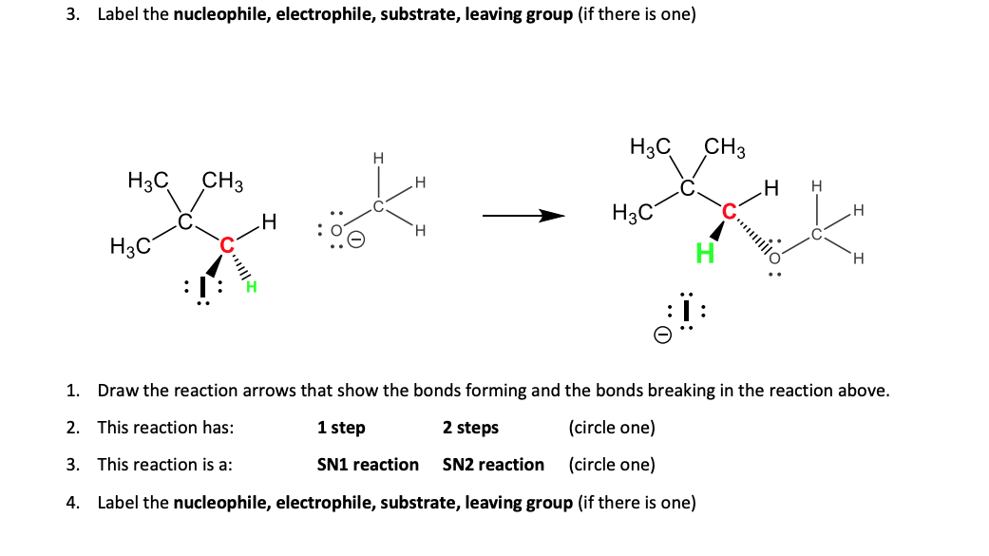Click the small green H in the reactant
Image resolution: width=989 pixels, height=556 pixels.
click(x=252, y=287)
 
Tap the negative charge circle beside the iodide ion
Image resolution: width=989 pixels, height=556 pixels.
click(x=664, y=335)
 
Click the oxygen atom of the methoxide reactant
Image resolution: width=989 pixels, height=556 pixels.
click(x=335, y=229)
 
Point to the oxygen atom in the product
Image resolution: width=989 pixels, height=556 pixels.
click(x=774, y=256)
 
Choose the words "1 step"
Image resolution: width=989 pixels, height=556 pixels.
click(x=341, y=428)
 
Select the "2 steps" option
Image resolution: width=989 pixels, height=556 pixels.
click(x=470, y=428)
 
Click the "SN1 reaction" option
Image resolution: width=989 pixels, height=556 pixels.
click(x=368, y=465)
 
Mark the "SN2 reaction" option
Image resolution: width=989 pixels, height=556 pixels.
click(x=493, y=465)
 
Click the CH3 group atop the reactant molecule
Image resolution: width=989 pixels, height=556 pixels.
click(x=224, y=180)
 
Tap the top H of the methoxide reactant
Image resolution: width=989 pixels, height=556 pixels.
click(x=377, y=158)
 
